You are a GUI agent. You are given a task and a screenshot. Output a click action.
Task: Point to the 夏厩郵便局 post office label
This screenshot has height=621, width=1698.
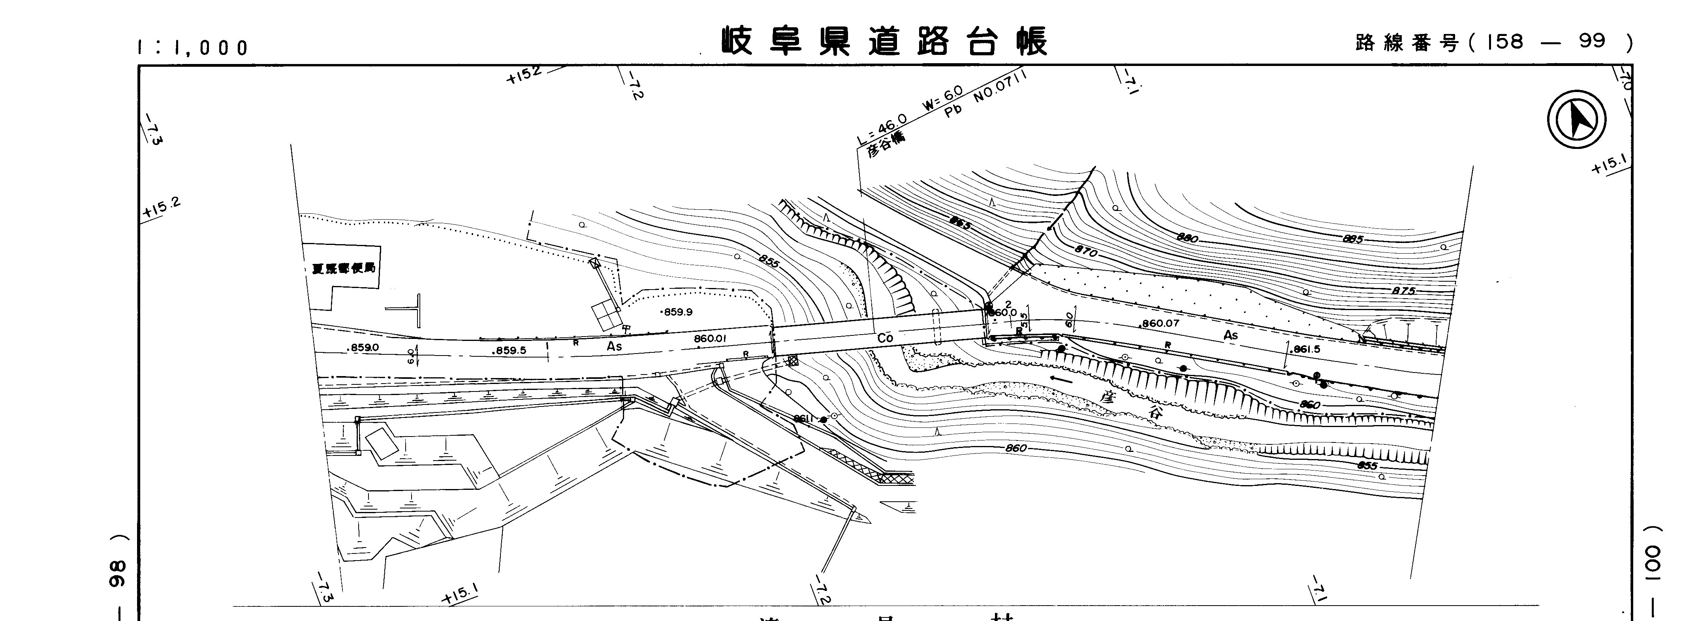click(343, 269)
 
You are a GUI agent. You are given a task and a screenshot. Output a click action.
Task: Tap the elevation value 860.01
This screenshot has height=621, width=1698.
click(709, 339)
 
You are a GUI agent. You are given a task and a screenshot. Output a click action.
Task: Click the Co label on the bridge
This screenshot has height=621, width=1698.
click(885, 337)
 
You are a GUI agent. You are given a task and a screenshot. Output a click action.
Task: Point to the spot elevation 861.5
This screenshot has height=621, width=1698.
click(1307, 349)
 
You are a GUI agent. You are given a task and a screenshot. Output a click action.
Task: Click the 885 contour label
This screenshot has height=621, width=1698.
click(1353, 239)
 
